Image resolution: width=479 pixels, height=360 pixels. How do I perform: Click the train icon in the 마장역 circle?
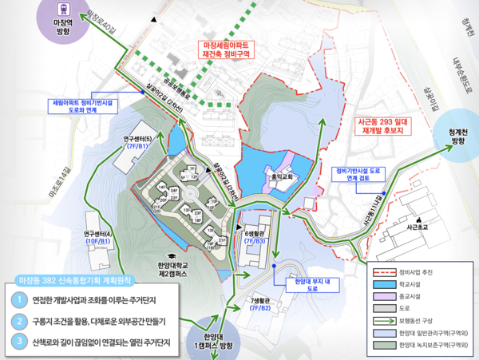coord(64,10)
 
